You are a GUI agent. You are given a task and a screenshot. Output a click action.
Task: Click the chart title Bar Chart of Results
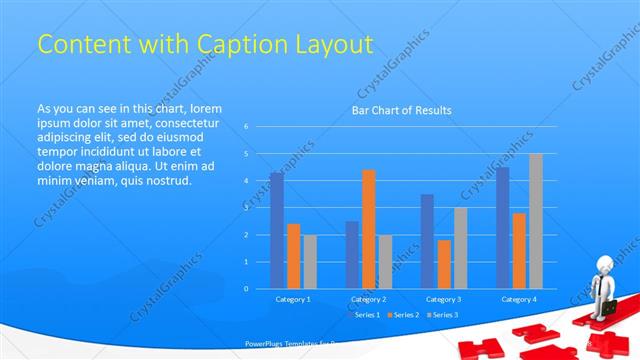point(401,110)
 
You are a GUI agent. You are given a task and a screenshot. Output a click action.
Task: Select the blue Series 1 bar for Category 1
point(276,230)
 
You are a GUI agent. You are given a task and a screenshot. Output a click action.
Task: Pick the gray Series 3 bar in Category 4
point(536,221)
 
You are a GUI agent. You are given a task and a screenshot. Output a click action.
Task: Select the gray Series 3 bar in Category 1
point(310,261)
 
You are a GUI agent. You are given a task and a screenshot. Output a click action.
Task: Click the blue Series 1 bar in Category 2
point(352,255)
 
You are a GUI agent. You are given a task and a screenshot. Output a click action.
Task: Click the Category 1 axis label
point(293,299)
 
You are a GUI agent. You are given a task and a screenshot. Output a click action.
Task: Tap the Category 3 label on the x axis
point(443,299)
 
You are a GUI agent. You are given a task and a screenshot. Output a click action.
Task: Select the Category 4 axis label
point(518,299)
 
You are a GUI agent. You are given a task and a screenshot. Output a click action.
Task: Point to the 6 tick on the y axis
point(246,127)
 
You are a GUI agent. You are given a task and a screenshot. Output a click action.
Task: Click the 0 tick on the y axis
point(246,289)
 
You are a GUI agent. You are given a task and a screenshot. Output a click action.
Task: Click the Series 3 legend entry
point(446,315)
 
